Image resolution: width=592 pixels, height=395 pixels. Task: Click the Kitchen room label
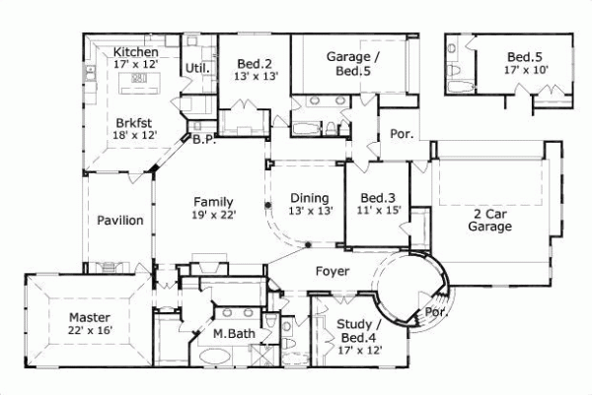(136, 51)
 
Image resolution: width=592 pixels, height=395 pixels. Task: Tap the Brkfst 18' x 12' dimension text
(136, 135)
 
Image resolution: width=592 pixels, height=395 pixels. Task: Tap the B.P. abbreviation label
(204, 140)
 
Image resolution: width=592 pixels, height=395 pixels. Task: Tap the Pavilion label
(120, 221)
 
